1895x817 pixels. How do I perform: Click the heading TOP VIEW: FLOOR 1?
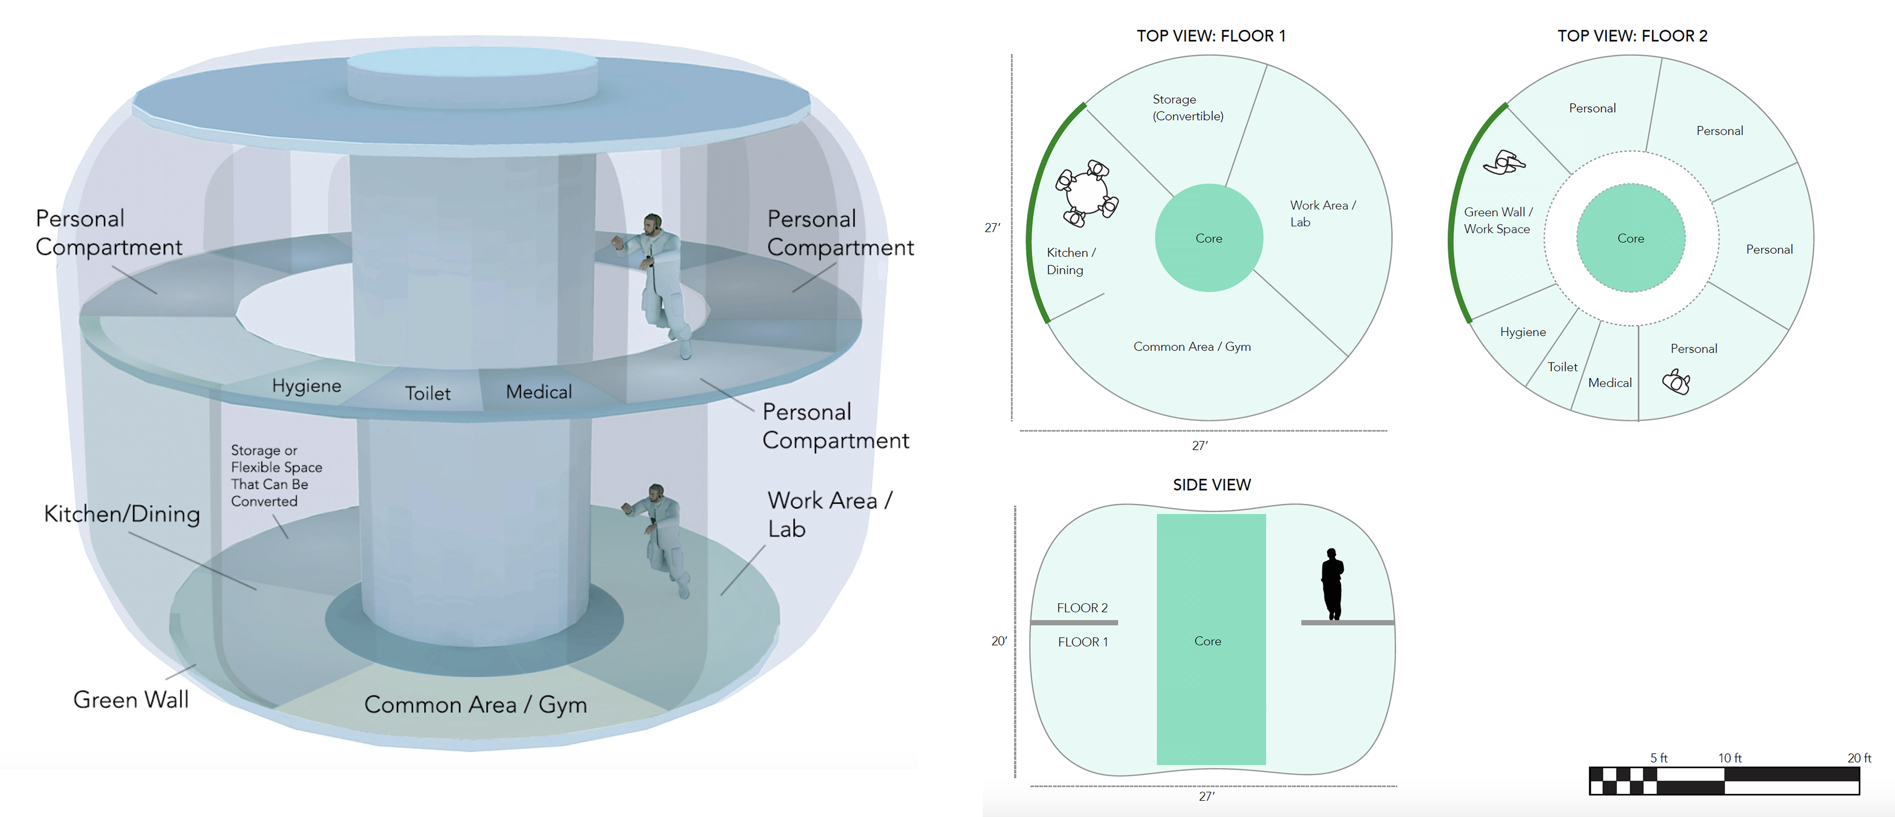pyautogui.click(x=1211, y=35)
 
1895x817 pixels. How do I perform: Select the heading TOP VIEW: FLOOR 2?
pyautogui.click(x=1632, y=35)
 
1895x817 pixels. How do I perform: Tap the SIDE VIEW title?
pyautogui.click(x=1212, y=485)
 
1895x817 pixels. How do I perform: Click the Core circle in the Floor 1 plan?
pyautogui.click(x=1209, y=237)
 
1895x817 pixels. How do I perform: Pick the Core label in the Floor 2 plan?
pyautogui.click(x=1630, y=238)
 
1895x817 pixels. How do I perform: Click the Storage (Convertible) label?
pyautogui.click(x=1188, y=107)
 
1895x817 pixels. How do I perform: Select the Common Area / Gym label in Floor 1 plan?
pyautogui.click(x=1192, y=346)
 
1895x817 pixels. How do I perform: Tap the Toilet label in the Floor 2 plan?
pyautogui.click(x=1562, y=367)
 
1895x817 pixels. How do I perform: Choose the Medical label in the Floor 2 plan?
pyautogui.click(x=1610, y=382)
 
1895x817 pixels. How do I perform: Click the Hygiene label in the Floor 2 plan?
pyautogui.click(x=1523, y=332)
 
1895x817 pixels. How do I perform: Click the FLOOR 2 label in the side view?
pyautogui.click(x=1082, y=607)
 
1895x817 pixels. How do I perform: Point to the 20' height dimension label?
pyautogui.click(x=998, y=641)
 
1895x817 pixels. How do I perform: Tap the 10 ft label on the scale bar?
pyautogui.click(x=1730, y=758)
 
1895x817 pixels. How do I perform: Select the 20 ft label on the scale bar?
pyautogui.click(x=1859, y=758)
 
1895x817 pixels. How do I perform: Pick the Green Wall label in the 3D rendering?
pyautogui.click(x=131, y=699)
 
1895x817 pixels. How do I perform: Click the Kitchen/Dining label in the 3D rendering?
pyautogui.click(x=122, y=513)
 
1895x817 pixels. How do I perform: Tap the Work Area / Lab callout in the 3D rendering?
pyautogui.click(x=829, y=514)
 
